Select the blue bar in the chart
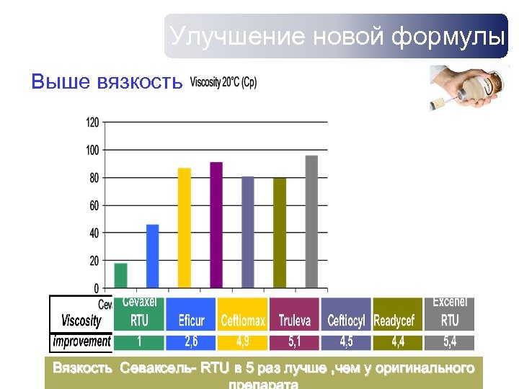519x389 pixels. [x=152, y=256]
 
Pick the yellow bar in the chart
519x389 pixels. [x=185, y=228]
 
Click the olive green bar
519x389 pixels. [x=280, y=233]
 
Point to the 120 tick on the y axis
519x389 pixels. [x=92, y=122]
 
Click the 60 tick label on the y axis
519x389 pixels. [x=94, y=205]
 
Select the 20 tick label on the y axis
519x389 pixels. [x=94, y=261]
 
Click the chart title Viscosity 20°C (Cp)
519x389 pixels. [x=223, y=82]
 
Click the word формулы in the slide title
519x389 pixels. [x=448, y=36]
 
